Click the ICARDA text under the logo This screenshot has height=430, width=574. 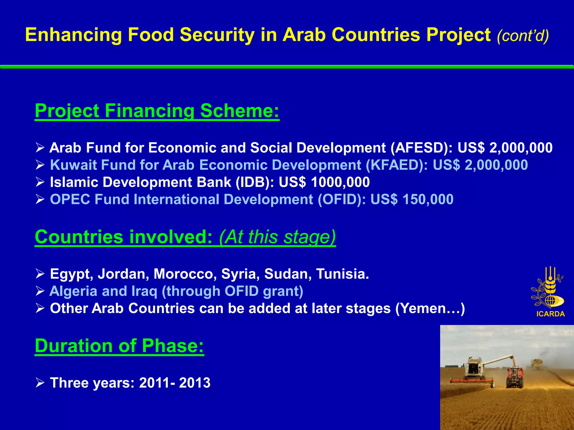(x=550, y=314)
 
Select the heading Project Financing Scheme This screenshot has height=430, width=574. (x=157, y=111)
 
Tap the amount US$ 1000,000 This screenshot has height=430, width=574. (x=324, y=182)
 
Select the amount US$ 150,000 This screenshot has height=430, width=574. (x=412, y=200)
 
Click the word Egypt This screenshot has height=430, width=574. (x=71, y=274)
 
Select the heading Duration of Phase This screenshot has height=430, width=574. (x=119, y=346)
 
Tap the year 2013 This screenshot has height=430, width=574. (x=195, y=383)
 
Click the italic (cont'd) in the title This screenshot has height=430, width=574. (x=523, y=36)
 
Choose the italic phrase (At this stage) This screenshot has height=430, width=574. (x=277, y=237)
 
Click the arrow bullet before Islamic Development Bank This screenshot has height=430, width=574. (x=40, y=183)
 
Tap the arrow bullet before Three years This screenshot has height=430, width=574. (x=40, y=383)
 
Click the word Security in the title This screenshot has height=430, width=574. (x=217, y=35)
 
